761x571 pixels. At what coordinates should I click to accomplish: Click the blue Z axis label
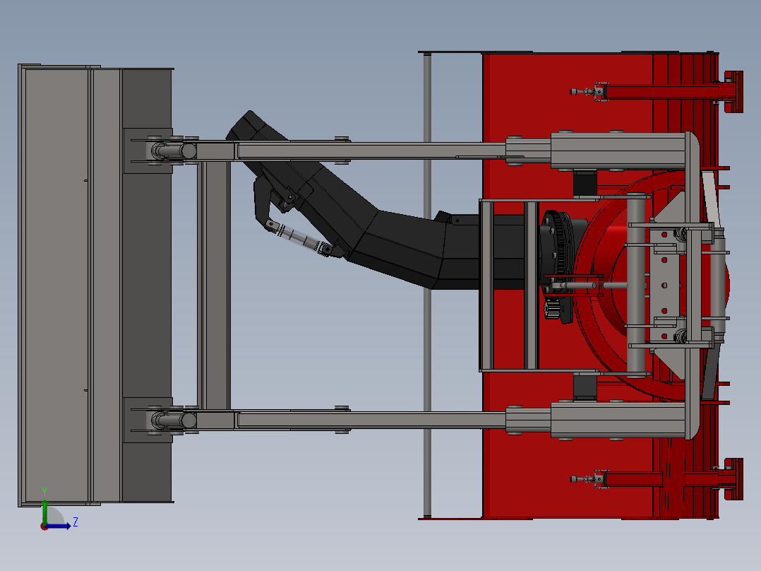pos(75,522)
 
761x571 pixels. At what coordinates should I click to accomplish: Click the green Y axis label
pos(44,490)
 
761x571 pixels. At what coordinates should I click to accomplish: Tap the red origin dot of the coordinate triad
pos(44,526)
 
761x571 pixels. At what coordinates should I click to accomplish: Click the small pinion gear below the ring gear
pos(552,310)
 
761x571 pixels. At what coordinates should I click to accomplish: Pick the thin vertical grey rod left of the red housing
pos(427,283)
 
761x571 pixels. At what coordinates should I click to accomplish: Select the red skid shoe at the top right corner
pos(733,92)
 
